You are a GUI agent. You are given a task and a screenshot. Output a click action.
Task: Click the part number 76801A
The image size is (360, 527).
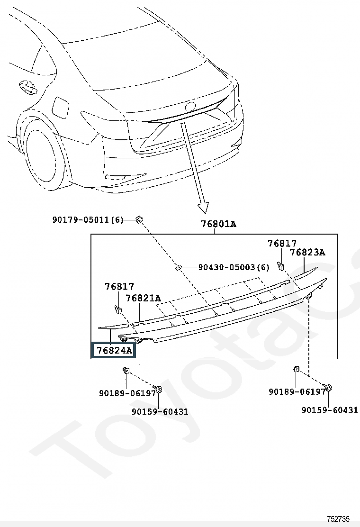click(217, 224)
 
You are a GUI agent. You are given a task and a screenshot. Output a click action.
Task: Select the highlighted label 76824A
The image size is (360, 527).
click(114, 351)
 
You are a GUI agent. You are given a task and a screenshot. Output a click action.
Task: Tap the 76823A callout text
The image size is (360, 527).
click(307, 253)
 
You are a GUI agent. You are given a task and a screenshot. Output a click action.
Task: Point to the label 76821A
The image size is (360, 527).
click(143, 298)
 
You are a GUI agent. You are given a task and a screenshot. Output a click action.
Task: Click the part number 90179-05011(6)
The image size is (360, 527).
click(88, 219)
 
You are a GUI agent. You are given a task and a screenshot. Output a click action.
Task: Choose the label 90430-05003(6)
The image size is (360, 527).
click(234, 267)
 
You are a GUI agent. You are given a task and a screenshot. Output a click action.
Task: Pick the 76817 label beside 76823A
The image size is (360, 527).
click(282, 244)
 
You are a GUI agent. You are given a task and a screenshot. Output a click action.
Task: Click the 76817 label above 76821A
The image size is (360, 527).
click(119, 287)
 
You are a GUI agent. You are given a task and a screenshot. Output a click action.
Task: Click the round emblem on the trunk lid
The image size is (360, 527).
click(190, 107)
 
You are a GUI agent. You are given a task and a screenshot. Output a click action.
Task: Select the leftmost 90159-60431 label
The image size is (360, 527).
click(160, 411)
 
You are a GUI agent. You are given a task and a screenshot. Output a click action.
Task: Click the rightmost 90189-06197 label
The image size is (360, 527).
click(297, 392)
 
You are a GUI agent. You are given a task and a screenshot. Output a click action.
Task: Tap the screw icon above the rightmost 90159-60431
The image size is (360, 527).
click(330, 388)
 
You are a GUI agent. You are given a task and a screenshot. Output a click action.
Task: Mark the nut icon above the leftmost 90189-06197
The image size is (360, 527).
click(126, 371)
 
